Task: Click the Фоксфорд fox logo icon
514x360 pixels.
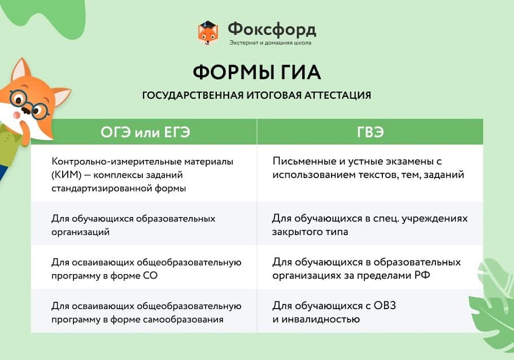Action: click(208, 33)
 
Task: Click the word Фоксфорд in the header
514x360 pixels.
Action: click(272, 29)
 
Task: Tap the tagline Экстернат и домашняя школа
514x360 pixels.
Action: click(271, 42)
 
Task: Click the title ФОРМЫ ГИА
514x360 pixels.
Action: click(256, 72)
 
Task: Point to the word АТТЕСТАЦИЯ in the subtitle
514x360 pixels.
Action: click(338, 96)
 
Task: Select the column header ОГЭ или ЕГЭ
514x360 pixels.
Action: click(145, 132)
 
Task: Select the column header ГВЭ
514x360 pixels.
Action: click(370, 132)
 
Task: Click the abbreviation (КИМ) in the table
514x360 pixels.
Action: click(66, 175)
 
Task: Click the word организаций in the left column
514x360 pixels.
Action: click(80, 232)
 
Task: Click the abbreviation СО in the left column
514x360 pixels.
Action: click(150, 275)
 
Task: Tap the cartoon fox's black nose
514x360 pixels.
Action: click(26, 110)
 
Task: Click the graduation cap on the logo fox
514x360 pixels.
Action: click(207, 25)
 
